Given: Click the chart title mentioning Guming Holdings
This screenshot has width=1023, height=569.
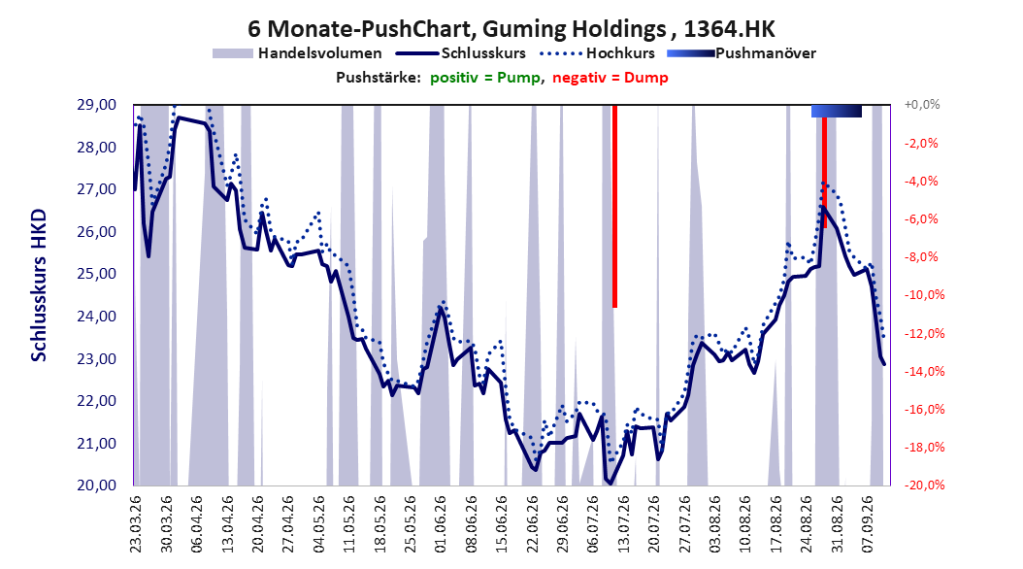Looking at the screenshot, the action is (511, 29).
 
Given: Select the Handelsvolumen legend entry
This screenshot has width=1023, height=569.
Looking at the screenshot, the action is (297, 53).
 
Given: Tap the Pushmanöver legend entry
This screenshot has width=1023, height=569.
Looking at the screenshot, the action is (742, 53).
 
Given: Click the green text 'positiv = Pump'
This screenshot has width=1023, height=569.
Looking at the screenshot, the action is (484, 78).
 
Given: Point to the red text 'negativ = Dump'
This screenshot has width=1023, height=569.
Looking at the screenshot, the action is (610, 78).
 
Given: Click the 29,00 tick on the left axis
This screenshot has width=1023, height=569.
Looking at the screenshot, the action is (97, 105).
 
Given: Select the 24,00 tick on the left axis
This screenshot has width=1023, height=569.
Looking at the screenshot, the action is (97, 317).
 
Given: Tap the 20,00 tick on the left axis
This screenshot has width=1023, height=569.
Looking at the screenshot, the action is (97, 485).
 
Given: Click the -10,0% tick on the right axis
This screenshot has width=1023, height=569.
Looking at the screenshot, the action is (924, 295).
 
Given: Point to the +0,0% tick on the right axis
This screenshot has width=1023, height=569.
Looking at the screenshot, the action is (922, 105).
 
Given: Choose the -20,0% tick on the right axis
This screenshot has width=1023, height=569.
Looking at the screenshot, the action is (924, 485).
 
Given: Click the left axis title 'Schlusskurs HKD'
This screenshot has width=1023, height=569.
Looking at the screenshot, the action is (39, 285).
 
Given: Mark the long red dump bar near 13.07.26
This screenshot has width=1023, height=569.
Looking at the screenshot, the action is (614, 206).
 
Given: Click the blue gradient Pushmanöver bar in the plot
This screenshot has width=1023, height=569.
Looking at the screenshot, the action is (837, 111).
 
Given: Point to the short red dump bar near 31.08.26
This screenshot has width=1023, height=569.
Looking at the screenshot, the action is (825, 173).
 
